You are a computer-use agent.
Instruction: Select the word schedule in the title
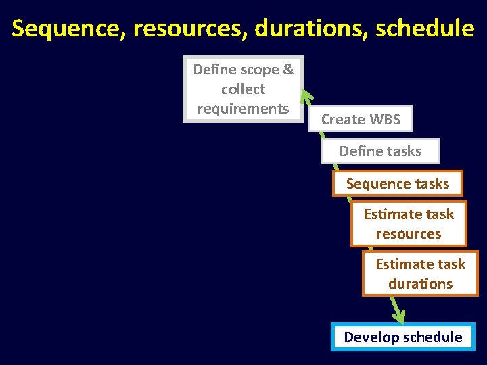425,28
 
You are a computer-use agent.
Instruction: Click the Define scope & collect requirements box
243,89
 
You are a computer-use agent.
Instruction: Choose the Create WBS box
361,120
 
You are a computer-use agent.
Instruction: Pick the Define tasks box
380,151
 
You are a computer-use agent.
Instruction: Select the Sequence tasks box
398,183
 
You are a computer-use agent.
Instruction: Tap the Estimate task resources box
409,224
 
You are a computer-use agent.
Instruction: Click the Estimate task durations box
420,274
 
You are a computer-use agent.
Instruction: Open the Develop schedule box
403,337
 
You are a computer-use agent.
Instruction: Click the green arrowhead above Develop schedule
399,316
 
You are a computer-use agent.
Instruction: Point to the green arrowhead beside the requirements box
306,97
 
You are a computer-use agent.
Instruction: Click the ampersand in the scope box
288,70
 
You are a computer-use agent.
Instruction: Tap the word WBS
385,120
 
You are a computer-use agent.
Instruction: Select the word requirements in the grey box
243,108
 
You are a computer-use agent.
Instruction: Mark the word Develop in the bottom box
371,337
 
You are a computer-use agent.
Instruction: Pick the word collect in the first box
243,89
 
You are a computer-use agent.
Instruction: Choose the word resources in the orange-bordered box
409,234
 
